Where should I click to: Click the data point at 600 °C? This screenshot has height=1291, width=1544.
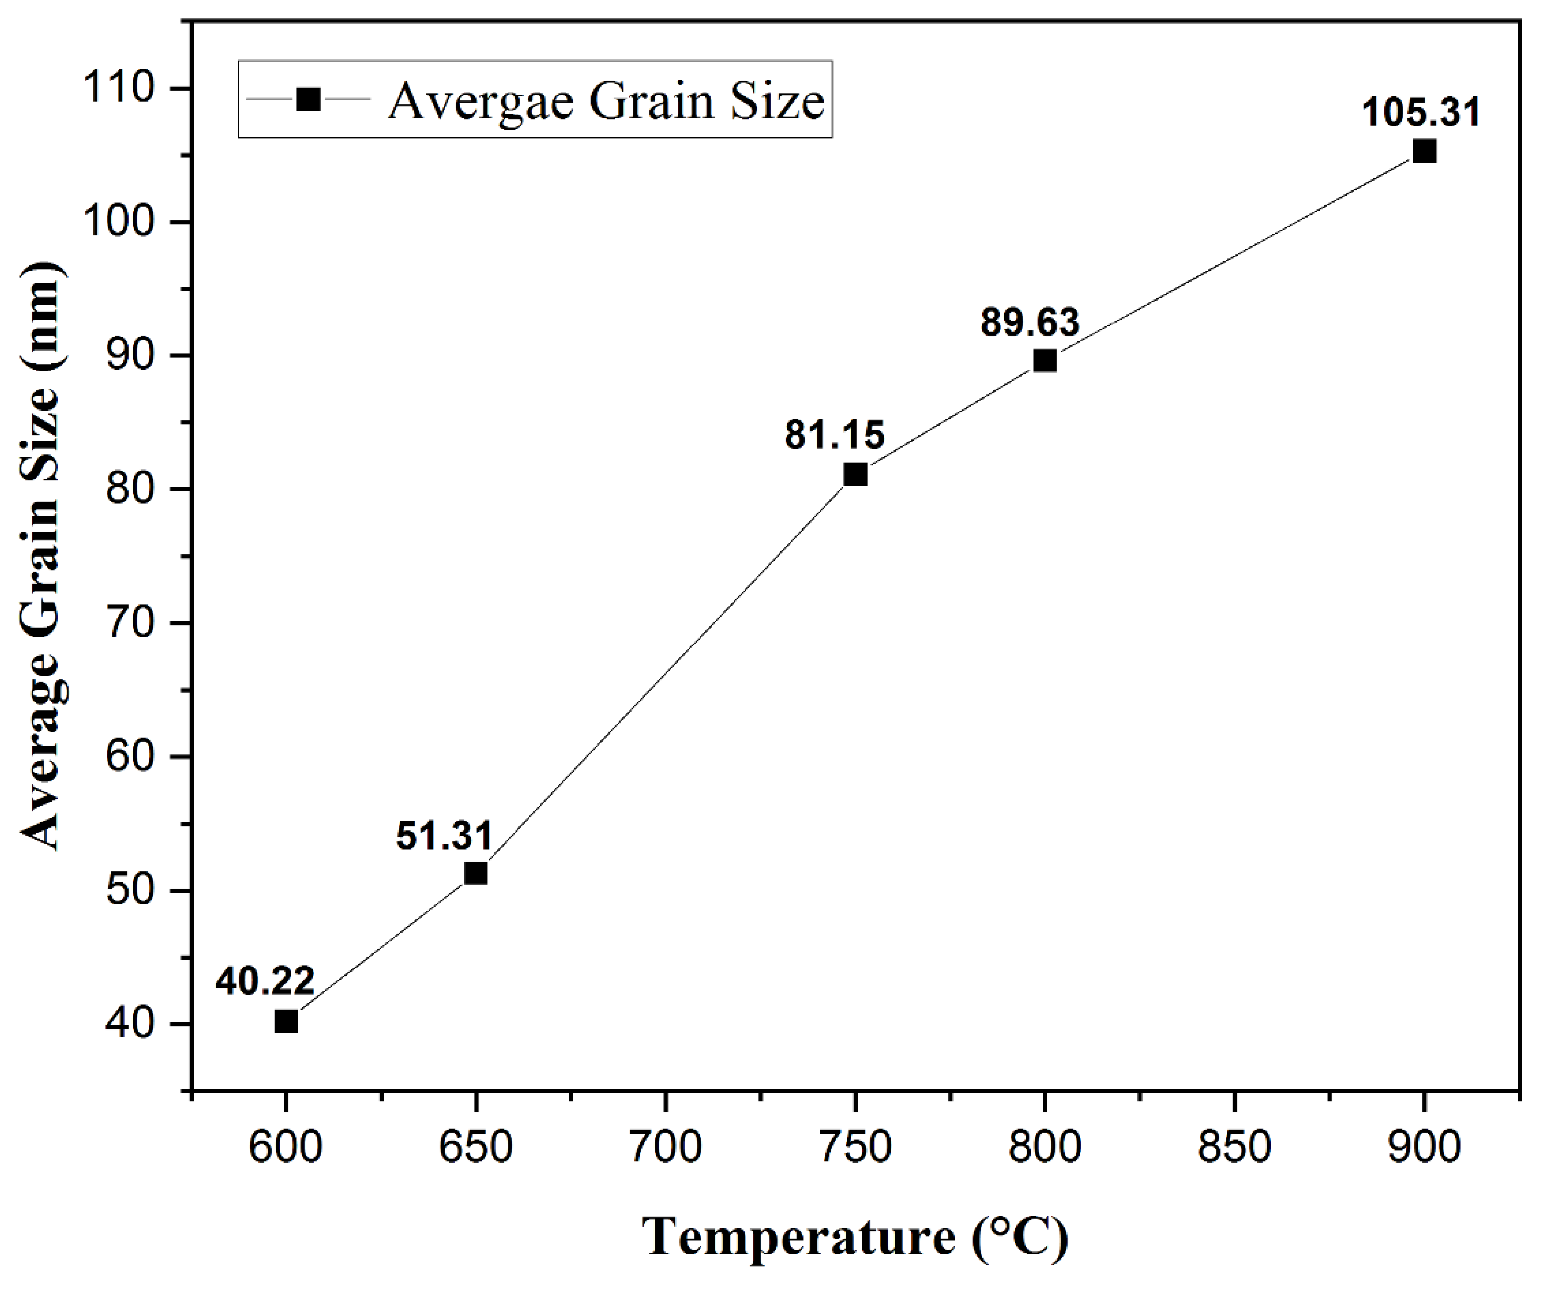pos(286,1022)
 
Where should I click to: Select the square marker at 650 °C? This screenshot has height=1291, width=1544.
pos(476,873)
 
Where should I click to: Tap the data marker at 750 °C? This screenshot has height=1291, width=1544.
pos(855,475)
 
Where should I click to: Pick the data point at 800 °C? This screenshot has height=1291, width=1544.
pos(1045,361)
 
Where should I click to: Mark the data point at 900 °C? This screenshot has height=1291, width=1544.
pos(1424,151)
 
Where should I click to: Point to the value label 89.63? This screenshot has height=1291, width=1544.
pos(1029,323)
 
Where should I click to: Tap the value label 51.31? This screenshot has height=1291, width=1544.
pos(444,835)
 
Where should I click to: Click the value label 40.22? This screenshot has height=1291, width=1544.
pos(265,981)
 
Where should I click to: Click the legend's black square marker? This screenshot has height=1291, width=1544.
pos(308,99)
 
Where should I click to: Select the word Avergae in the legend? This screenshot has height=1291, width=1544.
pos(481,101)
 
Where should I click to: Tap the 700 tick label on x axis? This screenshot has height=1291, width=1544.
pos(665,1147)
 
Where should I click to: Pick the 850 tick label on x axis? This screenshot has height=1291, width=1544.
pos(1234,1147)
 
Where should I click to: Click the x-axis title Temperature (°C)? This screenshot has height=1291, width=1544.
pos(856,1238)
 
